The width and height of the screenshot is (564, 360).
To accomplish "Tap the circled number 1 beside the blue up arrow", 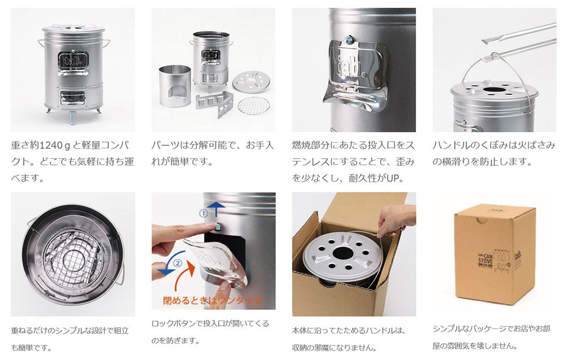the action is point(203,213).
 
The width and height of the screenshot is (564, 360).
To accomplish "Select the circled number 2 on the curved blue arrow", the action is point(178,263).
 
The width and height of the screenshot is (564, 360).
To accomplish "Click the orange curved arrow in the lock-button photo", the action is point(185,273).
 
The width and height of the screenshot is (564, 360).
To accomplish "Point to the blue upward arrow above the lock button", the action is point(217,209).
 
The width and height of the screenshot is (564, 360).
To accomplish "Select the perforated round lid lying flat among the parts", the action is point(251,81).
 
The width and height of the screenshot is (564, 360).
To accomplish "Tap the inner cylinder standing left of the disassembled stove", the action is point(175,86).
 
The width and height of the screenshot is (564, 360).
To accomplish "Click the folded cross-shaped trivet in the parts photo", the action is point(215,103).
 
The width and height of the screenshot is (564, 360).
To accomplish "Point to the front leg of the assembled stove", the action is point(73,117).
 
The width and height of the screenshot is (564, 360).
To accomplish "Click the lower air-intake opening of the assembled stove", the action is point(73,97).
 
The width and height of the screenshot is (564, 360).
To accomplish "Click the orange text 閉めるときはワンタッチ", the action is point(212,300).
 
